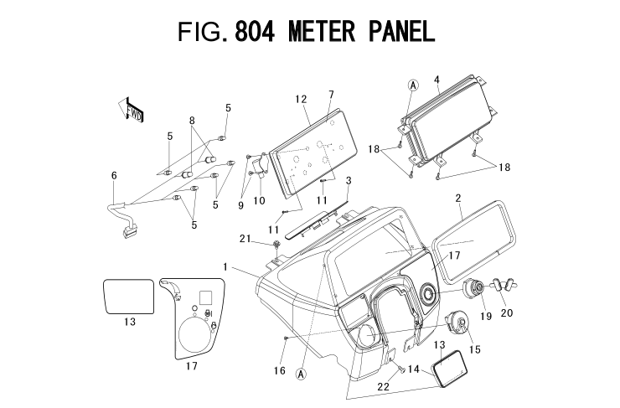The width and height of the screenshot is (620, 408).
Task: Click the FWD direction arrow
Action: pos(132,110)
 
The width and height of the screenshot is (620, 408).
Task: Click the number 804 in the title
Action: pos(264,32)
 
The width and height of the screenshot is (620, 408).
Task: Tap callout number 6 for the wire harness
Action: pos(114,175)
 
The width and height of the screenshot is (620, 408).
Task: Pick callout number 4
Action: pos(437,80)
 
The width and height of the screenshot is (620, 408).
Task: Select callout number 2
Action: pos(458,199)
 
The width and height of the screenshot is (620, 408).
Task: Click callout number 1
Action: pos(225,266)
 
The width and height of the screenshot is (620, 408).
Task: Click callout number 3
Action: pos(349,180)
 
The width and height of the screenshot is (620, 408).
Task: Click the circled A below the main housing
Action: pos(300,374)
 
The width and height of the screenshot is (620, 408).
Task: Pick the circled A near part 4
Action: pos(412,85)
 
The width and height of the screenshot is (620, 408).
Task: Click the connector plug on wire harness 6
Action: pos(129,234)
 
